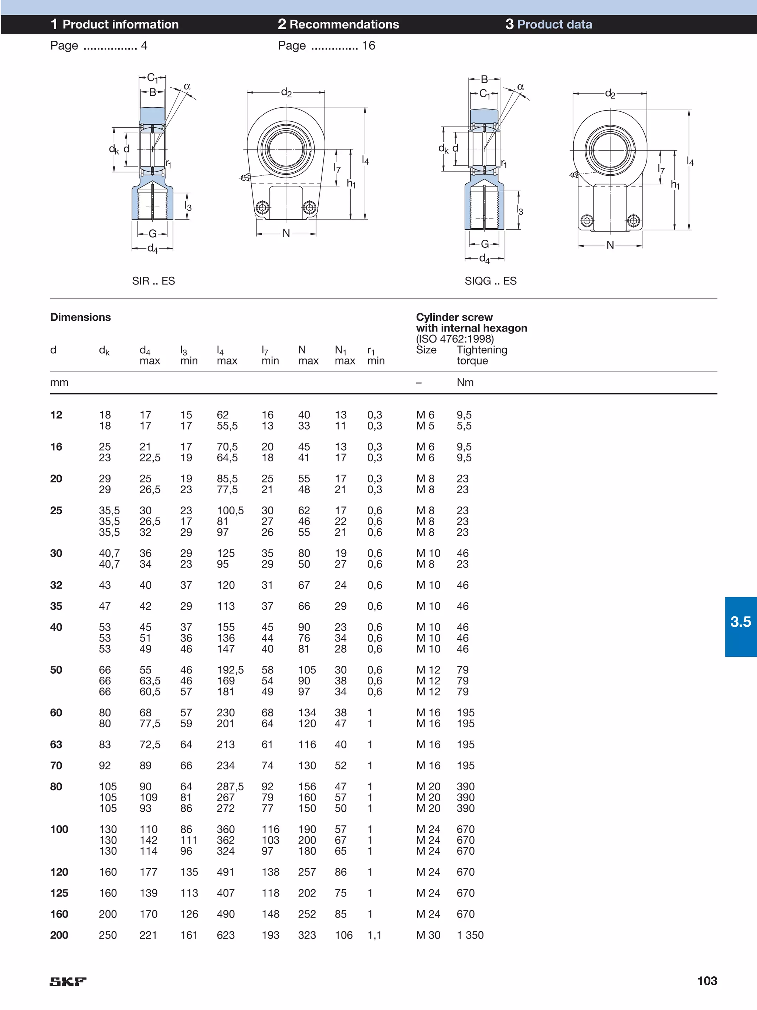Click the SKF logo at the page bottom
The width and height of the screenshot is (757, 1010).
(68, 981)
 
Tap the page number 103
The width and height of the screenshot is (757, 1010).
(707, 981)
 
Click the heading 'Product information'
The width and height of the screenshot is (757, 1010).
(120, 25)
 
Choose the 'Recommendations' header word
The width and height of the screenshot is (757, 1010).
(344, 25)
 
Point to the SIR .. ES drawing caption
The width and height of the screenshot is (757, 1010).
(153, 281)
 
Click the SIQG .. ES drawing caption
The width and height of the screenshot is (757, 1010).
(490, 281)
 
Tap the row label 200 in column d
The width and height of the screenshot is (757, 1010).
(59, 935)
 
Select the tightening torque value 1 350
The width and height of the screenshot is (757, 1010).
(470, 935)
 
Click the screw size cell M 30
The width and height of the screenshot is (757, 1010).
(428, 935)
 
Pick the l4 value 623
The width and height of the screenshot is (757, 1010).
(226, 935)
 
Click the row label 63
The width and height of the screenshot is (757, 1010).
(56, 745)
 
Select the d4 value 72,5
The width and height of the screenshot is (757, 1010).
(150, 745)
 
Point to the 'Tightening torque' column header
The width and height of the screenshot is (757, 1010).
(482, 355)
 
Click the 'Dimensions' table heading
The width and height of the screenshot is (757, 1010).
(80, 317)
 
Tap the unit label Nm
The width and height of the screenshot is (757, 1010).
(465, 383)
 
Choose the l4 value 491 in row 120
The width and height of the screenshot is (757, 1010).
(225, 872)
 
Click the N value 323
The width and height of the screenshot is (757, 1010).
(307, 935)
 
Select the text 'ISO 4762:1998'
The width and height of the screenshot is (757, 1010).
(455, 339)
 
